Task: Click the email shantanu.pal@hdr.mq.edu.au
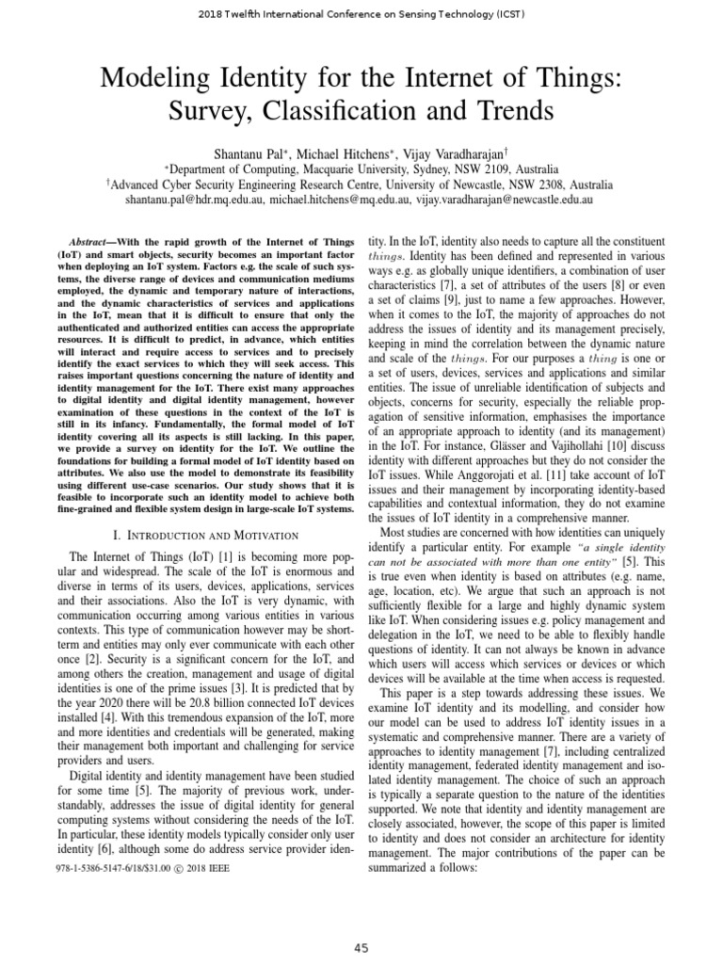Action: (x=193, y=201)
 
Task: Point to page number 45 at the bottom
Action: (x=361, y=948)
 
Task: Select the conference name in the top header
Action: (x=361, y=14)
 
